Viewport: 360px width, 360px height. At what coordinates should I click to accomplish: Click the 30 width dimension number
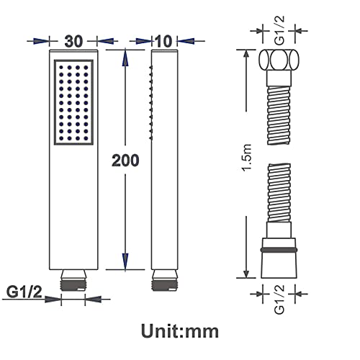pos(73,41)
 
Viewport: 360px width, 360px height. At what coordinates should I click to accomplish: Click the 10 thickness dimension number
pos(164,41)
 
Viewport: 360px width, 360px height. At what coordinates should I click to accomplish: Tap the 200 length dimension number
pos(125,161)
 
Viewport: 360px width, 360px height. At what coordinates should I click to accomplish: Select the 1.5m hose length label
pos(247,157)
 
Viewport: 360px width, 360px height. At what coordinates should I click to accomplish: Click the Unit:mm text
pos(180,331)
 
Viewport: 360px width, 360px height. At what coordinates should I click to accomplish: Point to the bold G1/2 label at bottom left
pos(24,292)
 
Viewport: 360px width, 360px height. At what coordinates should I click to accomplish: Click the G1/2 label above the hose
pos(279,30)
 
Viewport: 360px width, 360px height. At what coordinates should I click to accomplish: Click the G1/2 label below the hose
pos(279,300)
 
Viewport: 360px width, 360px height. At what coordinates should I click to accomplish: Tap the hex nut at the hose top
pos(279,60)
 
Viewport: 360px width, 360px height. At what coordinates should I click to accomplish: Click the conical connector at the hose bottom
pos(279,258)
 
